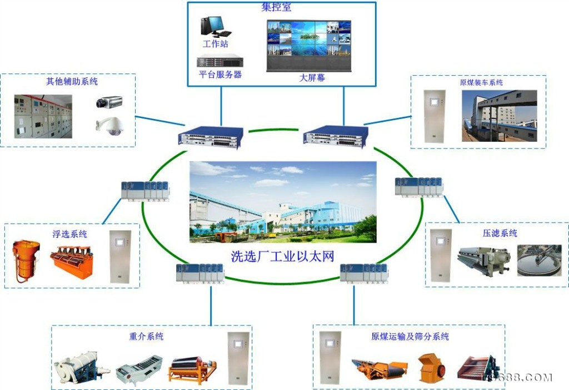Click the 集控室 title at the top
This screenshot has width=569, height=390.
click(276, 8)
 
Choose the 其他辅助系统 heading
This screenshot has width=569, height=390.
click(72, 81)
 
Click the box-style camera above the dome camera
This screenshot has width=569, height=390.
click(108, 102)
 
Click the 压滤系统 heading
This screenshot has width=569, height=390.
click(500, 233)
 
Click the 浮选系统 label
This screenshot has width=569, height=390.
click(70, 234)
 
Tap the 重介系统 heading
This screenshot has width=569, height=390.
click(146, 337)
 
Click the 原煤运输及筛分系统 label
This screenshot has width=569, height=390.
click(410, 337)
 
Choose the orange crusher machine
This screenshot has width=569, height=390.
click(431, 368)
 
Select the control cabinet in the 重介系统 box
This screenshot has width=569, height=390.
click(238, 358)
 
